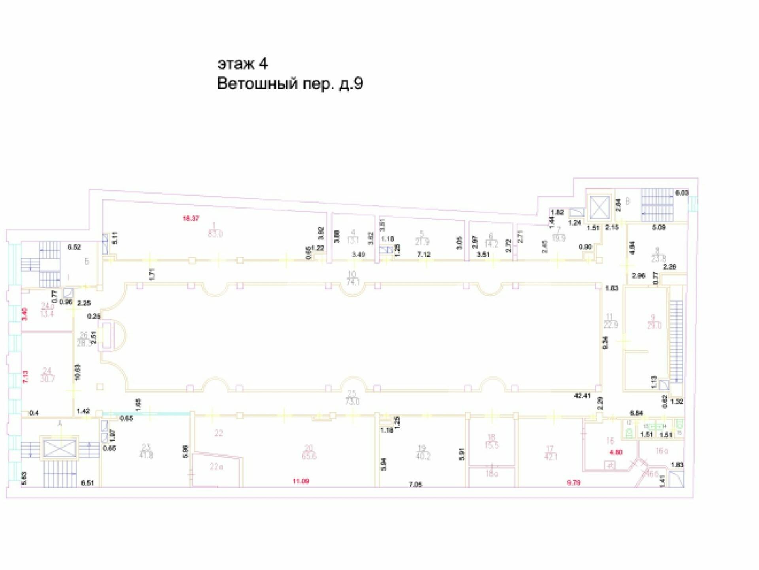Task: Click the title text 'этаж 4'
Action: [x=242, y=63]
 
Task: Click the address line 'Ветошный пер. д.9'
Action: [x=290, y=84]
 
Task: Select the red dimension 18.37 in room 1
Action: [x=191, y=218]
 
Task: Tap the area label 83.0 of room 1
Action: [x=215, y=234]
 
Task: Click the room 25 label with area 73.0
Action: [x=352, y=398]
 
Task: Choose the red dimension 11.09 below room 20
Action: [x=300, y=481]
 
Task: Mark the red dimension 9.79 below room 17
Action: [x=573, y=483]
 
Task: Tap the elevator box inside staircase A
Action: [x=59, y=448]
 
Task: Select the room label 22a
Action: [x=216, y=467]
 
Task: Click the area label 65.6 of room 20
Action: [x=308, y=456]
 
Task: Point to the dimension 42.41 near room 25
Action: [x=582, y=395]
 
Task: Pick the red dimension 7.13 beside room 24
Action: [x=26, y=376]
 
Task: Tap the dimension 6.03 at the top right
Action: [x=682, y=193]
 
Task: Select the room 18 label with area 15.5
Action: [x=491, y=441]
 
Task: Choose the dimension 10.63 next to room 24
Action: [x=77, y=372]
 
